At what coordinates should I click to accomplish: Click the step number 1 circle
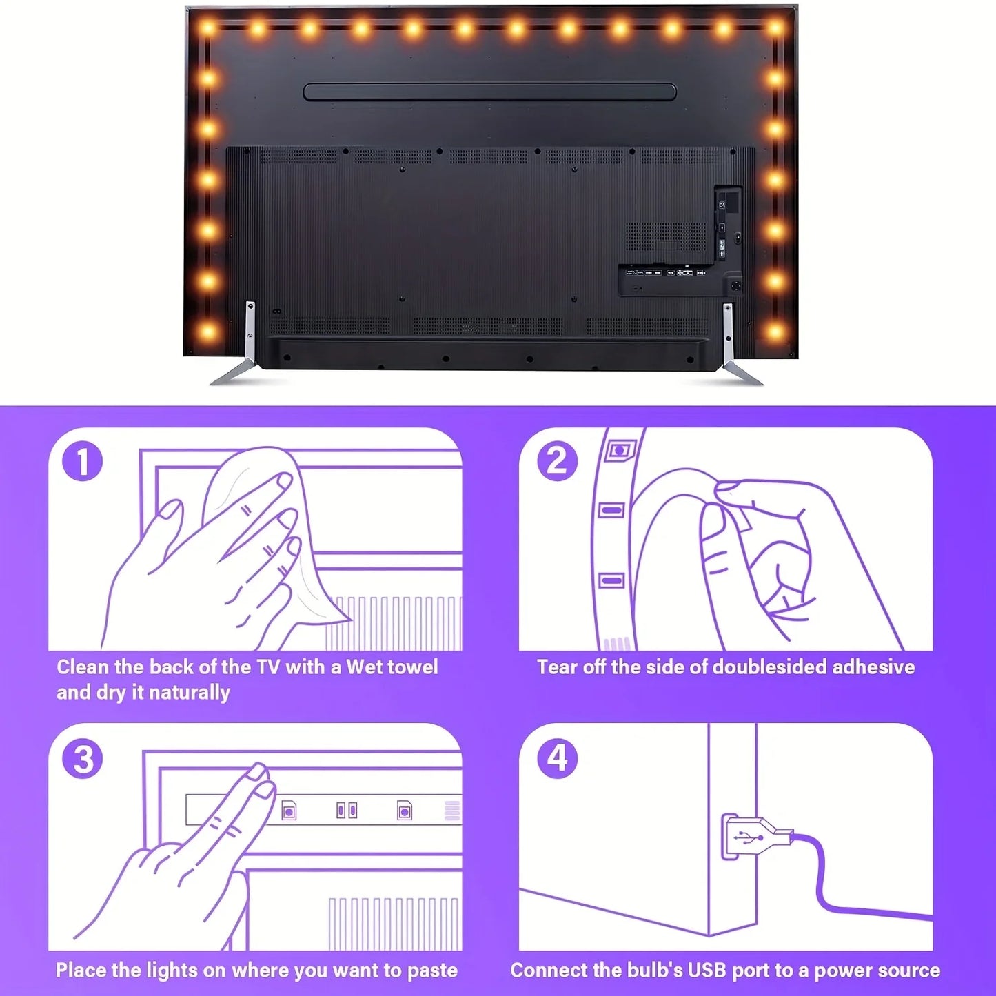(x=83, y=462)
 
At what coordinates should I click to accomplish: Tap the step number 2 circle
(x=557, y=460)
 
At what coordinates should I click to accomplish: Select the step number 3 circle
(x=83, y=760)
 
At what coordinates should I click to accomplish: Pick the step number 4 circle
(x=557, y=758)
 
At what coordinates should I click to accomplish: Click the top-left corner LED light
(x=207, y=28)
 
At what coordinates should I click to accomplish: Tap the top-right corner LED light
(x=775, y=28)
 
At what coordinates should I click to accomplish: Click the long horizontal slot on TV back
(x=490, y=92)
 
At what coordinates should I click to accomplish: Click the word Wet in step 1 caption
(x=365, y=667)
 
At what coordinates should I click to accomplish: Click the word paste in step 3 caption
(x=432, y=970)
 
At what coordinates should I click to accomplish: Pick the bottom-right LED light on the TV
(x=775, y=332)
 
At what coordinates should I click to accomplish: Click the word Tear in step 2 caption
(x=558, y=667)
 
